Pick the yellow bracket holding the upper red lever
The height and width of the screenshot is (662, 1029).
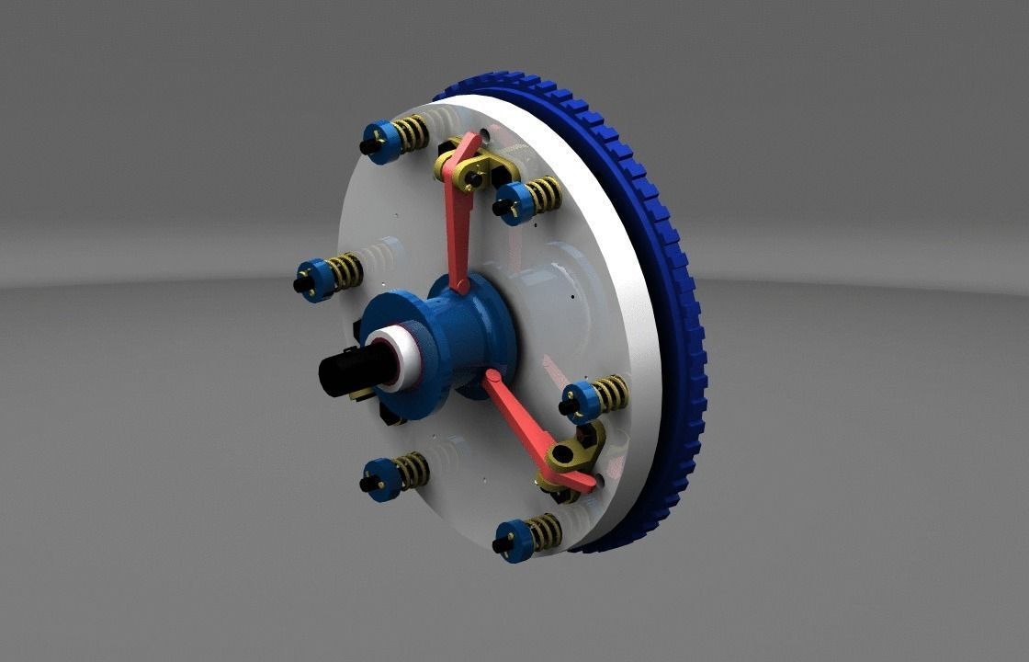[x=482, y=168]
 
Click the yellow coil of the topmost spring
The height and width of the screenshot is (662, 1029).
[x=412, y=133]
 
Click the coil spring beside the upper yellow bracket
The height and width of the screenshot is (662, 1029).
[x=545, y=194]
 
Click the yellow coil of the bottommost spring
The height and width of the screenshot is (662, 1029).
[x=545, y=531]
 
